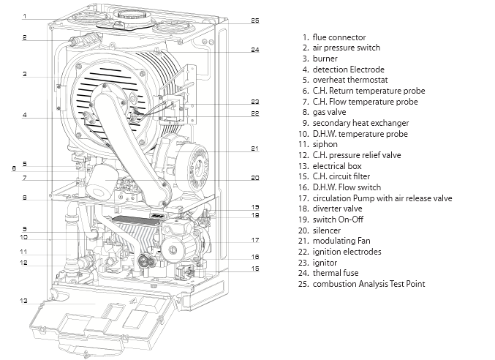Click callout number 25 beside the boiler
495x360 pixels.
click(x=254, y=20)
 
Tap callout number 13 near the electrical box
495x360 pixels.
click(x=24, y=300)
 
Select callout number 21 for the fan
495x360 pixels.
click(x=254, y=149)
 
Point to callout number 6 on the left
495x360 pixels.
click(x=13, y=168)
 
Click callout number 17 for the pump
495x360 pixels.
click(x=254, y=239)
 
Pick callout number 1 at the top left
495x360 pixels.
click(x=24, y=16)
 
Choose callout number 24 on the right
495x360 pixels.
click(x=254, y=50)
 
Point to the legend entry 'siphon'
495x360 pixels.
click(x=325, y=145)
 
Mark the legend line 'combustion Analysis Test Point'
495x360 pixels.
click(x=369, y=284)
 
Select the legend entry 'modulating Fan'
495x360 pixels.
click(x=342, y=241)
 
